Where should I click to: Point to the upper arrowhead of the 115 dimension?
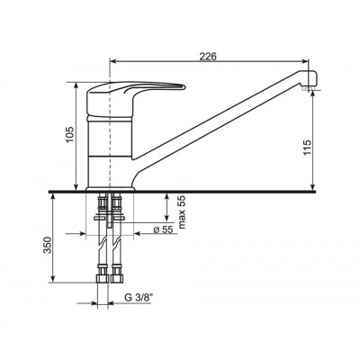coord(311,94)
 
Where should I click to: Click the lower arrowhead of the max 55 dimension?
coord(167,220)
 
